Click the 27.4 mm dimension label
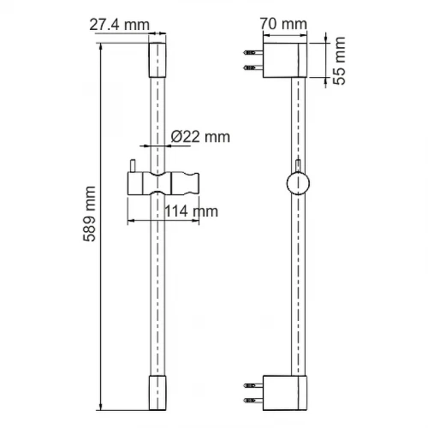coord(120,25)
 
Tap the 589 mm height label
coord(90,214)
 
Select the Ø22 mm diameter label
coord(200,137)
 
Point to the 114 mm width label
coord(191,211)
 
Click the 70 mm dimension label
coord(283,24)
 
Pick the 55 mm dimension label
coord(339,61)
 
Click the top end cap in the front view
coord(158,60)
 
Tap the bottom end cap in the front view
coord(158,393)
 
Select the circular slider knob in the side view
coord(298,183)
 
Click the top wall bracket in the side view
coord(285,60)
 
